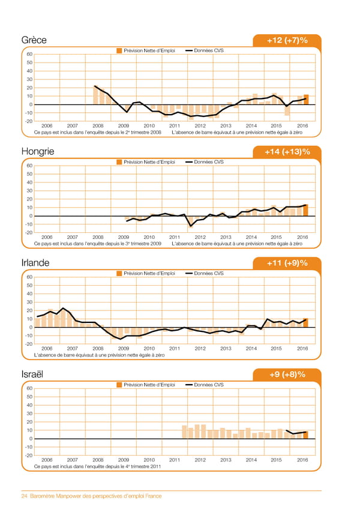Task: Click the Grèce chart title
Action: (x=34, y=40)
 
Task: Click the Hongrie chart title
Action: (x=37, y=152)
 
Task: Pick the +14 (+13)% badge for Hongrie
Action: (x=287, y=152)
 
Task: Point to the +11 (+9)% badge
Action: (x=287, y=263)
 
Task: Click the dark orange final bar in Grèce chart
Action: (x=306, y=100)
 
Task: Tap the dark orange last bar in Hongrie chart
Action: (x=306, y=210)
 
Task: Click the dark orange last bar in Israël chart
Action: (x=306, y=435)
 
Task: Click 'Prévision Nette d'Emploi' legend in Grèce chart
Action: (x=149, y=50)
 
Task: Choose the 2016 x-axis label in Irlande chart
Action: (x=302, y=349)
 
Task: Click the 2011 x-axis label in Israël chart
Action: (x=175, y=460)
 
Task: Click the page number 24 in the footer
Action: (x=25, y=496)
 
